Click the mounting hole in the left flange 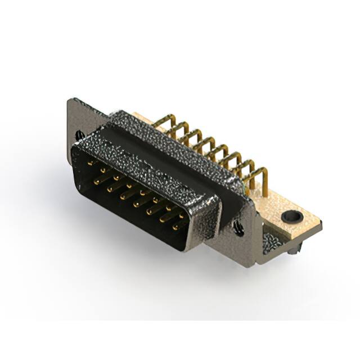79,136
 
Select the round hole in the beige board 291,215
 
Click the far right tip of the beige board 321,225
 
